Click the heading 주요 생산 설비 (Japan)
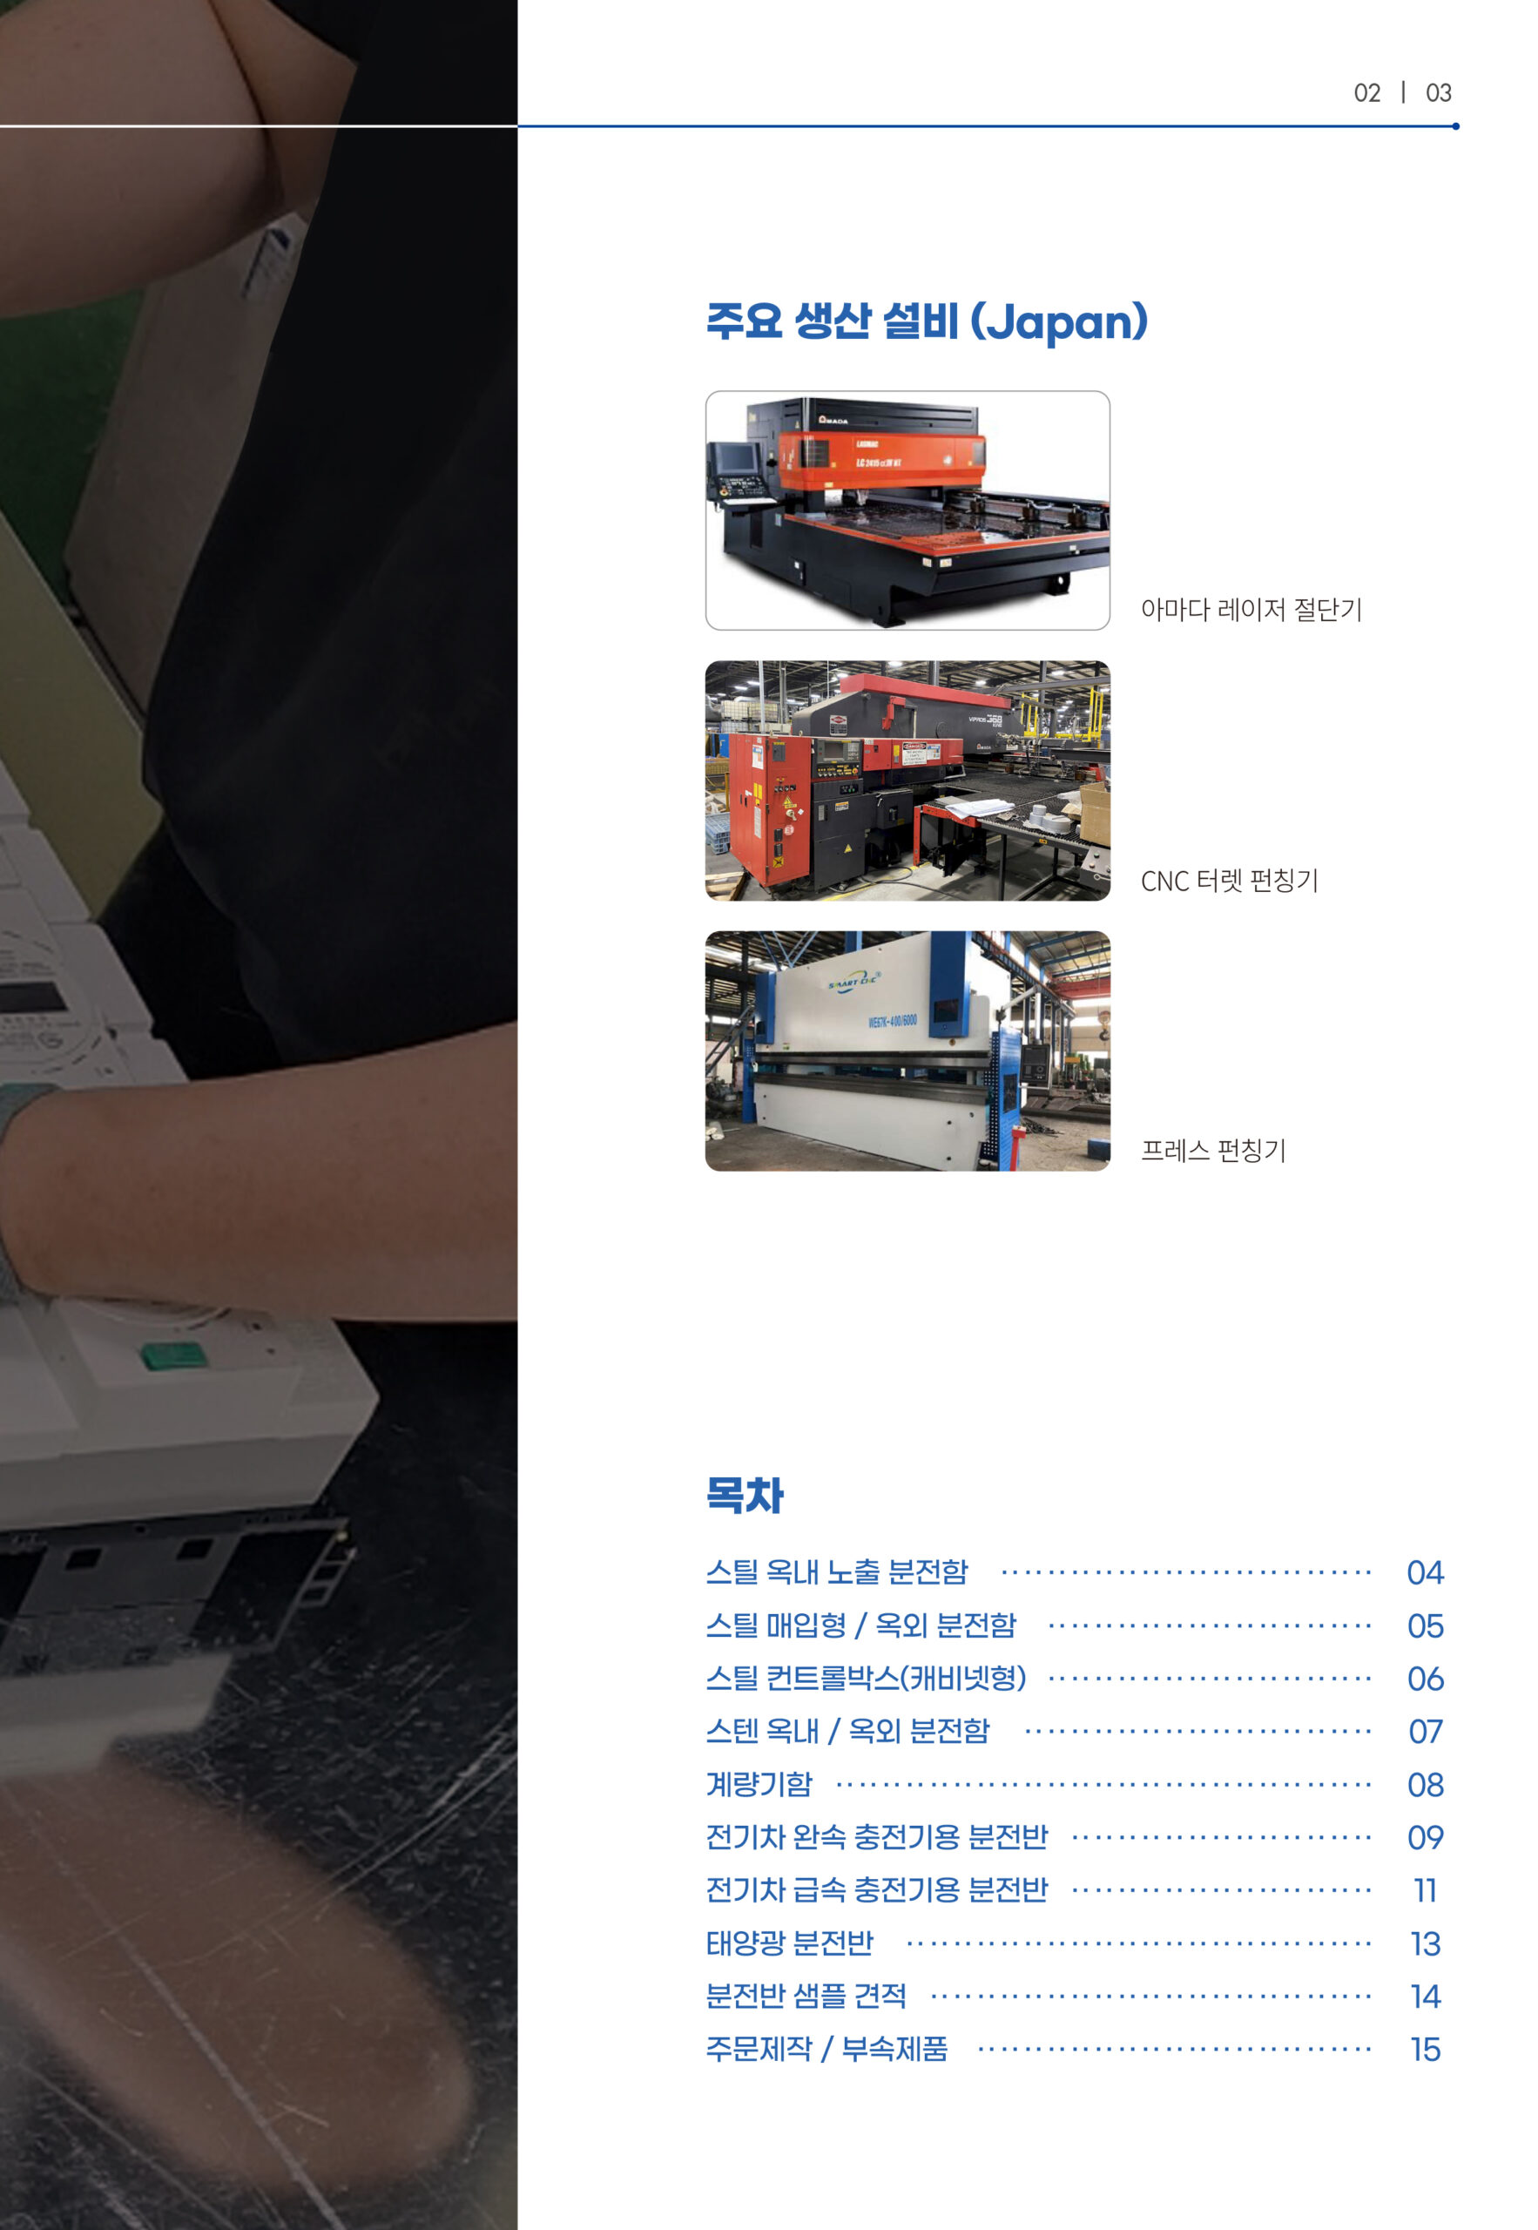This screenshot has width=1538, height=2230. pyautogui.click(x=927, y=322)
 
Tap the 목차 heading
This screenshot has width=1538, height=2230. pyautogui.click(x=745, y=1495)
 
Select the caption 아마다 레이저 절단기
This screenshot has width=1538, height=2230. pyautogui.click(x=1251, y=609)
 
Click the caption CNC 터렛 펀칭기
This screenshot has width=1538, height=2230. pyautogui.click(x=1229, y=880)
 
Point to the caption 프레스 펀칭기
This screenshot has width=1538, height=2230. pyautogui.click(x=1213, y=1150)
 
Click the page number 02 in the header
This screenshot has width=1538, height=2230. pyautogui.click(x=1366, y=92)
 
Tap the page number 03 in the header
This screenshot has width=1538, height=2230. pyautogui.click(x=1438, y=92)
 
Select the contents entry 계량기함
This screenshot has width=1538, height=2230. pyautogui.click(x=759, y=1785)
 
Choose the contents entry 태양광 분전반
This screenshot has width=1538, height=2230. pyautogui.click(x=789, y=1943)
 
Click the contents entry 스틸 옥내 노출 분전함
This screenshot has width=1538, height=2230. pyautogui.click(x=836, y=1572)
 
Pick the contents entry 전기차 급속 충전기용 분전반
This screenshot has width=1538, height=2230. pyautogui.click(x=876, y=1889)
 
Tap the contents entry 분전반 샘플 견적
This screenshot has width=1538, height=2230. pyautogui.click(x=806, y=1996)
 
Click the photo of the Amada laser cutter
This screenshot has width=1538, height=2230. pyautogui.click(x=907, y=510)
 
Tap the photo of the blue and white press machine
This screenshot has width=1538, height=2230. pyautogui.click(x=907, y=1051)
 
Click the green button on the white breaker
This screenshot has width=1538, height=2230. pyautogui.click(x=174, y=1354)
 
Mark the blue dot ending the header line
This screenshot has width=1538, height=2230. pyautogui.click(x=1455, y=126)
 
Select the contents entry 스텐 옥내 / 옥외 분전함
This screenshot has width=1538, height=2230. pyautogui.click(x=847, y=1732)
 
